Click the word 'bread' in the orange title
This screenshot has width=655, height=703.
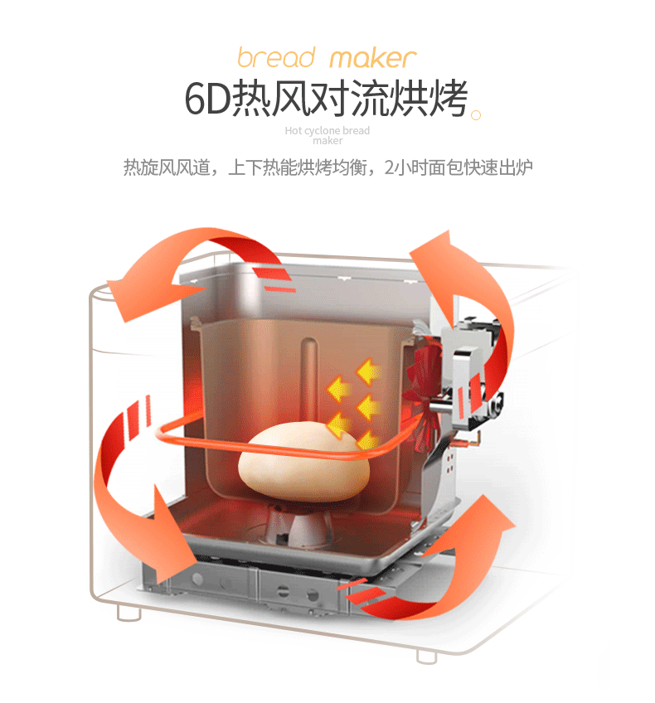276,58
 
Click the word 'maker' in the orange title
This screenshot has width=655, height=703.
372,58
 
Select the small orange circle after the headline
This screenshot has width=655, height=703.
475,115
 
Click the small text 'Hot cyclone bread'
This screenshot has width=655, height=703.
327,131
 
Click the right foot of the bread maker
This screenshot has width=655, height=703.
426,654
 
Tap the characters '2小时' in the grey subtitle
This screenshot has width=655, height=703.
404,168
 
